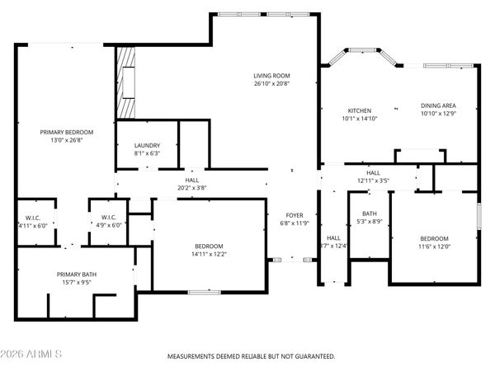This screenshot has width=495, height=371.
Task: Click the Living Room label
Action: [x=271, y=75]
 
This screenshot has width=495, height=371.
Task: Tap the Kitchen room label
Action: [x=359, y=110]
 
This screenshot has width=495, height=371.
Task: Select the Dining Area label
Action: [x=438, y=106]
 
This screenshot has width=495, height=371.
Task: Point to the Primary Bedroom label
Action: [x=67, y=132]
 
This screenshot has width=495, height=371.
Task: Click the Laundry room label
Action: [x=147, y=145]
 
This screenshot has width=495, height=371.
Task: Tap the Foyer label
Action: [x=295, y=215]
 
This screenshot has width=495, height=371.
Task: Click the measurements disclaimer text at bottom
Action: [x=252, y=356]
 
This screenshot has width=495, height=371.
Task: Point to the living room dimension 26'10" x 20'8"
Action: [x=271, y=82]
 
